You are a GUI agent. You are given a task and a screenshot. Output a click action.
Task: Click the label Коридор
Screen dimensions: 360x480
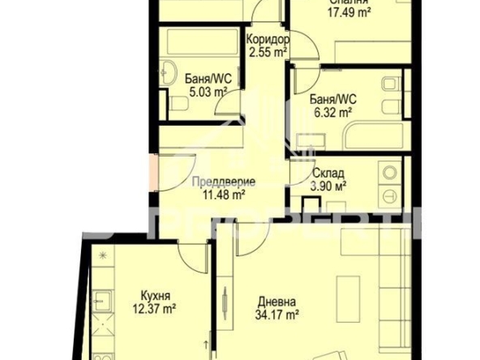click(x=266, y=39)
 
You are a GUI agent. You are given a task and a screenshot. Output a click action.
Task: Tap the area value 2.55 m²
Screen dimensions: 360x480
click(x=266, y=51)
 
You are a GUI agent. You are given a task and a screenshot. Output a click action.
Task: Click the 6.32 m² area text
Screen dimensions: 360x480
click(x=330, y=113)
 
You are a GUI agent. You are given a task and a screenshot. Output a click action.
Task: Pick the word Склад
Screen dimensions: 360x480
click(x=328, y=173)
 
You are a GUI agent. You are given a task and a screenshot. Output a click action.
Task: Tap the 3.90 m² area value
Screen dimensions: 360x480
click(x=328, y=185)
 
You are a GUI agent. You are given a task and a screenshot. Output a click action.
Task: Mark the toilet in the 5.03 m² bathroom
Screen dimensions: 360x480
click(x=176, y=104)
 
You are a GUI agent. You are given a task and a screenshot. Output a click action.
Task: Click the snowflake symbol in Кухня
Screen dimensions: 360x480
click(x=102, y=255)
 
